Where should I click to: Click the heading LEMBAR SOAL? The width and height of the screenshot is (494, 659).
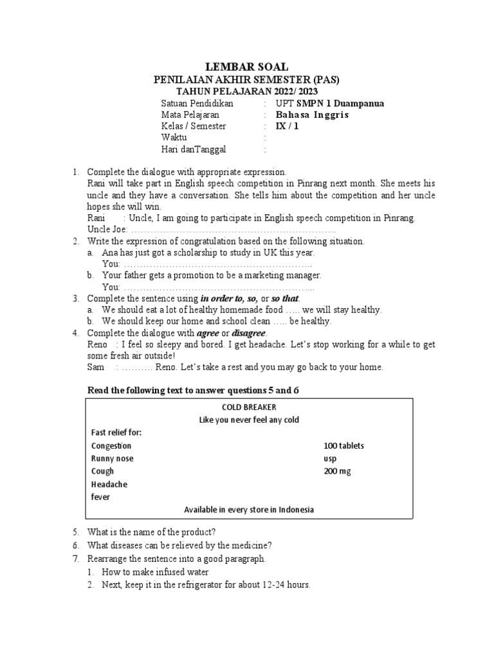[x=246, y=67]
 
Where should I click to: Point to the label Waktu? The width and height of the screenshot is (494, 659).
[x=174, y=138]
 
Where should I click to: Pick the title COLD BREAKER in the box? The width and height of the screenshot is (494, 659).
[x=248, y=407]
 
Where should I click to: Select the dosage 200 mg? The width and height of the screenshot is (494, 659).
[x=337, y=471]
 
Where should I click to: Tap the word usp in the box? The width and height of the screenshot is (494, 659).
[x=329, y=458]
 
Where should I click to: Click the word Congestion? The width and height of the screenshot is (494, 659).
[x=111, y=445]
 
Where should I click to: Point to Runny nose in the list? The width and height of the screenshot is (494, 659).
[x=113, y=458]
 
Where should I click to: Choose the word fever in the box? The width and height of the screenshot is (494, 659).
[x=101, y=497]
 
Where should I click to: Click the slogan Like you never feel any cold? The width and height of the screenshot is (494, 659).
[x=249, y=420]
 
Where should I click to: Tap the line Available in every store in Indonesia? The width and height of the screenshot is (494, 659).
[x=249, y=510]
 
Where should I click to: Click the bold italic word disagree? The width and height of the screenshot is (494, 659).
[x=248, y=333]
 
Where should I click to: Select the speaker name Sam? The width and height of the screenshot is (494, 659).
[x=95, y=367]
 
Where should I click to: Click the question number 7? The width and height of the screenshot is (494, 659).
[x=75, y=559]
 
